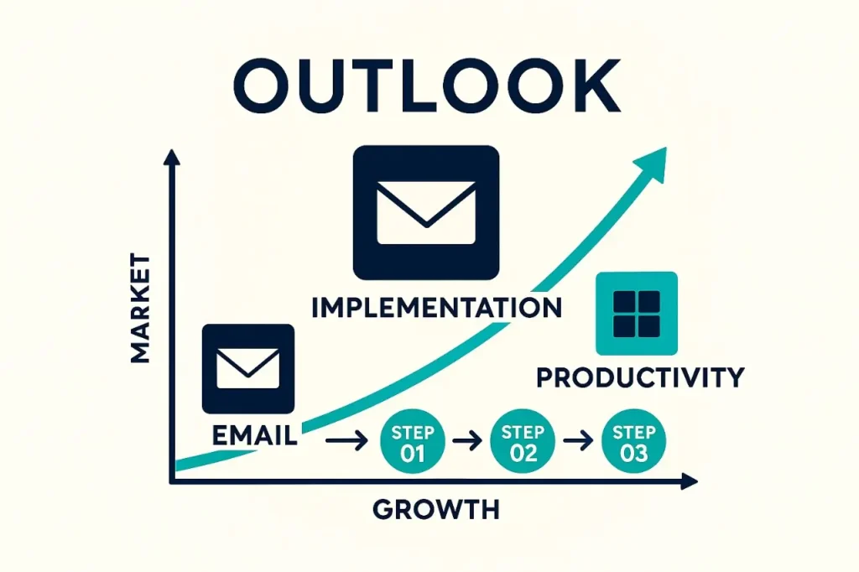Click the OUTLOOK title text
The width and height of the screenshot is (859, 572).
pos(429,86)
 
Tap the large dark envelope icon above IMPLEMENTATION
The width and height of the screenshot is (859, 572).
pos(426,213)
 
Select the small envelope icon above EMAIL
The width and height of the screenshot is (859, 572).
pos(248,368)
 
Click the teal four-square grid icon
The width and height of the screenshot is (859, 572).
pos(636,313)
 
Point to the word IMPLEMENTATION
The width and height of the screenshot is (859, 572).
pos(436,308)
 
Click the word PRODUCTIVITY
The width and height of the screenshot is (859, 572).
pos(640,377)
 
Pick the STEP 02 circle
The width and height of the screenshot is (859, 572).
pos(523,442)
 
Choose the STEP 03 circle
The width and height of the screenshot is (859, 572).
pos(634,442)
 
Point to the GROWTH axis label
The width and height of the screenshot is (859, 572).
pos(435,508)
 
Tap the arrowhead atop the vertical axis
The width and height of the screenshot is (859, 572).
pos(172,158)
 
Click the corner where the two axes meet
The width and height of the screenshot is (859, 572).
pos(172,481)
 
